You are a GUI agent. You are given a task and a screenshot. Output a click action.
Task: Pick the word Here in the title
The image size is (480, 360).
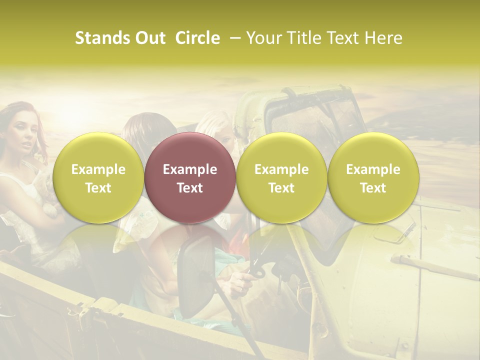[383, 38]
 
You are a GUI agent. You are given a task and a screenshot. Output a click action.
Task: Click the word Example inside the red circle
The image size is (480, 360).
[190, 169]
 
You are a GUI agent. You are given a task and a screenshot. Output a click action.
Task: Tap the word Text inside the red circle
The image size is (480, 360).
[190, 188]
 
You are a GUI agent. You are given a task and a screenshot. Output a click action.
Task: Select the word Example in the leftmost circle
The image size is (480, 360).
[98, 169]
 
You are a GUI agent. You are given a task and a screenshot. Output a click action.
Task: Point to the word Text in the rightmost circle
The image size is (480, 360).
[373, 188]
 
